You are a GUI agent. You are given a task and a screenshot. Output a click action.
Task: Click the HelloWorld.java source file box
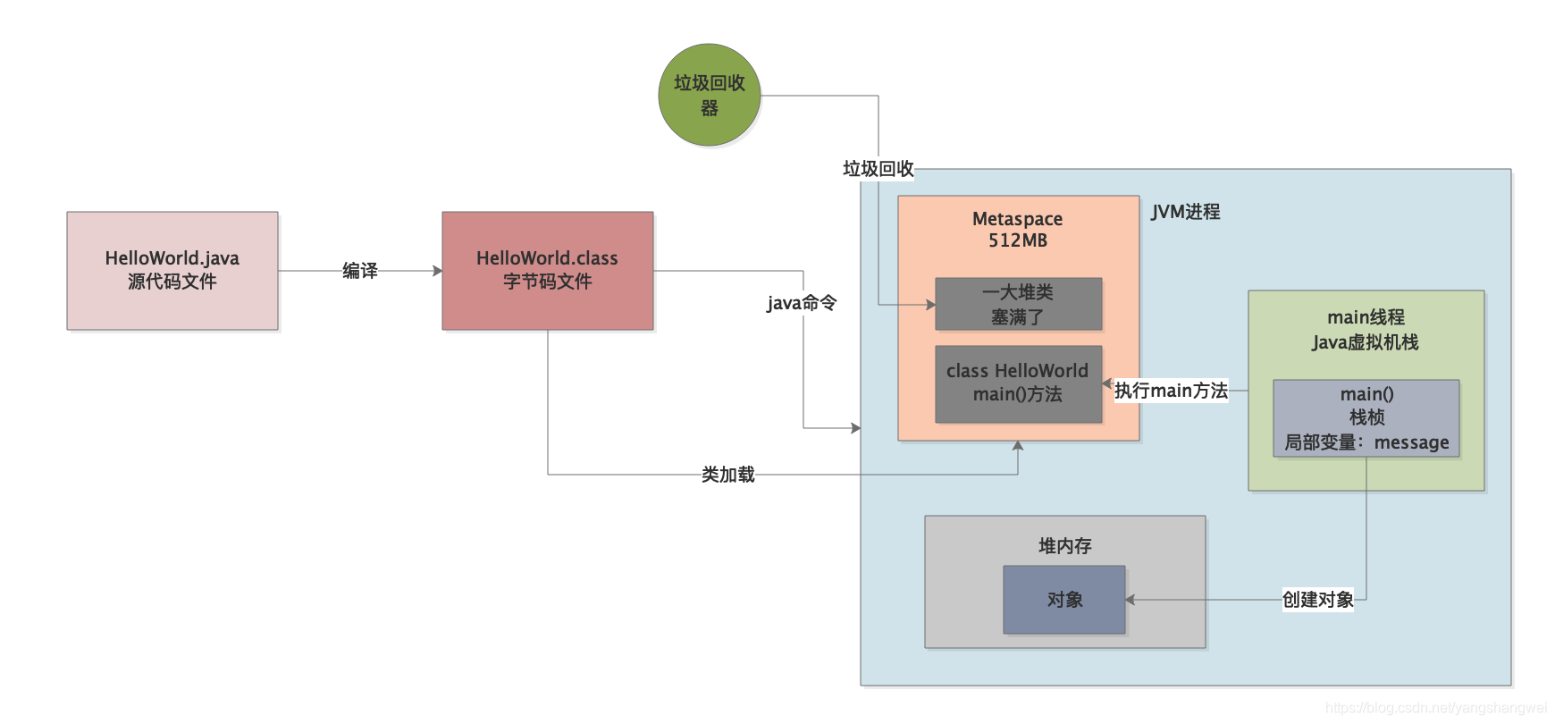[x=172, y=270]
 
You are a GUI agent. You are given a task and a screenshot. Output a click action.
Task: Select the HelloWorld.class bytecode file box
[x=547, y=270]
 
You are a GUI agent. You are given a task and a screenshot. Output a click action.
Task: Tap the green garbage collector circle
[x=709, y=95]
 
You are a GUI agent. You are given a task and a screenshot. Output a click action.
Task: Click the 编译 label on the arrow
[x=359, y=270]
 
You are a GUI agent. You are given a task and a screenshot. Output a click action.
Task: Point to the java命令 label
[x=802, y=303]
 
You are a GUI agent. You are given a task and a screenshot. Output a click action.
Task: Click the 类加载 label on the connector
[x=727, y=475]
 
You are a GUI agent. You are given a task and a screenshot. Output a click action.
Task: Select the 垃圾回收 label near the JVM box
[x=878, y=168]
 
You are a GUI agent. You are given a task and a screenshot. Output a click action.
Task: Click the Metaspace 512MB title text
[x=1017, y=230]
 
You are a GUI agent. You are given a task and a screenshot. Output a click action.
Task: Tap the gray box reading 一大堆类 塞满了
[x=1018, y=304]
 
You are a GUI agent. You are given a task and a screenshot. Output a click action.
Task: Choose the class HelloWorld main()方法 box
[x=1018, y=383]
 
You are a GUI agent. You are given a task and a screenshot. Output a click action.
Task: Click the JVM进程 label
[x=1185, y=212]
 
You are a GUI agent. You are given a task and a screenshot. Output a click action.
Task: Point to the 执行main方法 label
[x=1171, y=391]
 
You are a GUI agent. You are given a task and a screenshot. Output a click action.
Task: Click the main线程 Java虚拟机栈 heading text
[x=1366, y=330]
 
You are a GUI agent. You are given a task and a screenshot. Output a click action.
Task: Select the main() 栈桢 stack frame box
[x=1366, y=418]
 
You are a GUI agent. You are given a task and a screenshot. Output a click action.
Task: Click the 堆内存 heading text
[x=1064, y=546]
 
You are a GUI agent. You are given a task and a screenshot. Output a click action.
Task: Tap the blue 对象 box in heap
[x=1063, y=600]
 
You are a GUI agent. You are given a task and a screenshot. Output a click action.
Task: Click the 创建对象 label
[x=1317, y=600]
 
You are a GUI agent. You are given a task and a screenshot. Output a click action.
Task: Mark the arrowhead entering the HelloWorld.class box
[x=438, y=271]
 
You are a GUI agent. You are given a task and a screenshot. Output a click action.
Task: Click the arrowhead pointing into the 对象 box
[x=1131, y=600]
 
